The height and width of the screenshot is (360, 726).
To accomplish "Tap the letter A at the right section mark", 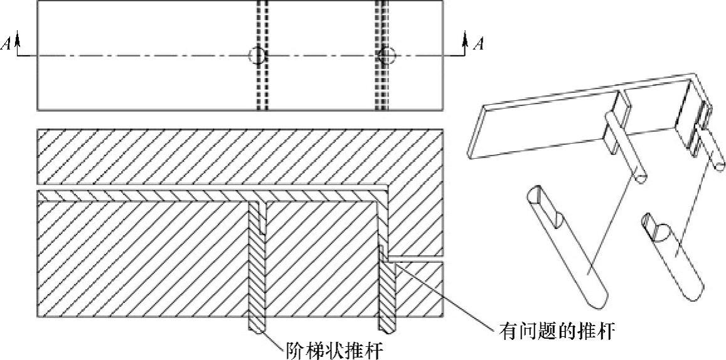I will tap(479, 44).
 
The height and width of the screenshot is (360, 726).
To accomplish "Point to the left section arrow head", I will tap(18, 39).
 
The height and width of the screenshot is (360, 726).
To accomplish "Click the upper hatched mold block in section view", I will tap(238, 157).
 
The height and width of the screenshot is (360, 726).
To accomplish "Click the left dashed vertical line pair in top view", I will tap(262, 88).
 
